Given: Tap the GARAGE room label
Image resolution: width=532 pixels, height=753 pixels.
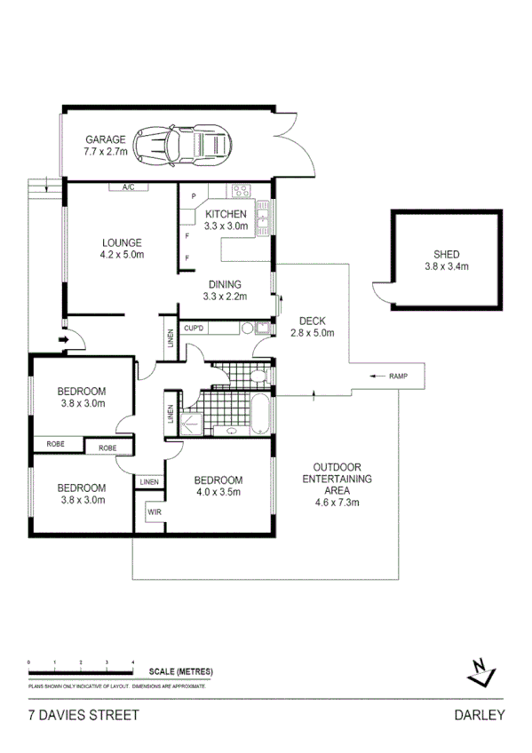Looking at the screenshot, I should pyautogui.click(x=105, y=139).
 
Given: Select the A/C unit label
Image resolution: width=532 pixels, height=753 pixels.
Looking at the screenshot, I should pyautogui.click(x=128, y=187).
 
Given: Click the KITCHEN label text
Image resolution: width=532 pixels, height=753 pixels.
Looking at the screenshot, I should pyautogui.click(x=225, y=215).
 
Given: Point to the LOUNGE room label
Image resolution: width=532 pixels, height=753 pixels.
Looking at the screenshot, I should pyautogui.click(x=122, y=242).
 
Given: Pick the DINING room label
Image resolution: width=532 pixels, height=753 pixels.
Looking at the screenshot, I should pyautogui.click(x=224, y=284).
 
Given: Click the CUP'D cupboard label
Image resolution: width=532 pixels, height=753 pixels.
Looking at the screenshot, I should pyautogui.click(x=195, y=329).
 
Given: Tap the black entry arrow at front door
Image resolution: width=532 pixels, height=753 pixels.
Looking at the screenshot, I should pyautogui.click(x=63, y=339).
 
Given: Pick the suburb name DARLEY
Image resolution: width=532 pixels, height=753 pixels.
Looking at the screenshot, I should pyautogui.click(x=479, y=716).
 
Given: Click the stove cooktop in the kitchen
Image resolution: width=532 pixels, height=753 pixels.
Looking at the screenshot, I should pyautogui.click(x=241, y=189).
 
